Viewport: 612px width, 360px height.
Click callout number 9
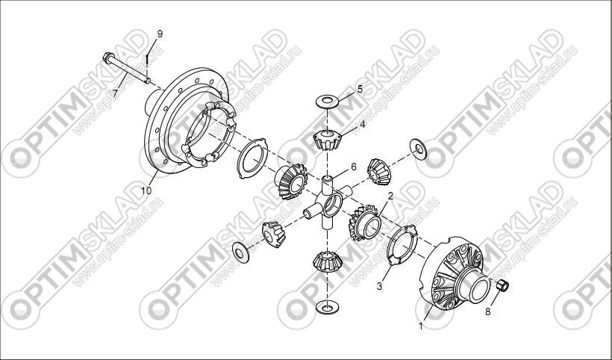pyautogui.click(x=160, y=34)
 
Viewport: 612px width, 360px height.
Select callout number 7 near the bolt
pyautogui.click(x=115, y=93)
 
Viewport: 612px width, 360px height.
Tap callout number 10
pyautogui.click(x=146, y=190)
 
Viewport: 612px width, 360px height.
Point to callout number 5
pyautogui.click(x=360, y=89)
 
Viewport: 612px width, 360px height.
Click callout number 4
pyautogui.click(x=363, y=125)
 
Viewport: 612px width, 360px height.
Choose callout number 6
pyautogui.click(x=354, y=167)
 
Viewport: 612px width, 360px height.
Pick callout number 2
pyautogui.click(x=390, y=196)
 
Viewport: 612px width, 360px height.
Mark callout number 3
pyautogui.click(x=379, y=286)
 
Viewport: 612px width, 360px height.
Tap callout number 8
pyautogui.click(x=488, y=311)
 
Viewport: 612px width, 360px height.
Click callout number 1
pyautogui.click(x=421, y=326)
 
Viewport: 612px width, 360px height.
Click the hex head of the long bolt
pyautogui.click(x=108, y=58)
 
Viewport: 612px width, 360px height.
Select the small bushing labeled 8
pyautogui.click(x=502, y=285)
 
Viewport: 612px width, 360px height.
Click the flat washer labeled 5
pyautogui.click(x=327, y=102)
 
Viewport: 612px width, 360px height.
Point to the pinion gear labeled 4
pyautogui.click(x=328, y=140)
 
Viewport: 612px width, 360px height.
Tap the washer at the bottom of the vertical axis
pyautogui.click(x=327, y=307)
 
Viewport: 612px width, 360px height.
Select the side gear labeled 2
pyautogui.click(x=365, y=223)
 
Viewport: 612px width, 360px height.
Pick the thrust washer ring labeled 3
pyautogui.click(x=402, y=245)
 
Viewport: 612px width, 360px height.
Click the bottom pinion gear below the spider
pyautogui.click(x=327, y=261)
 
